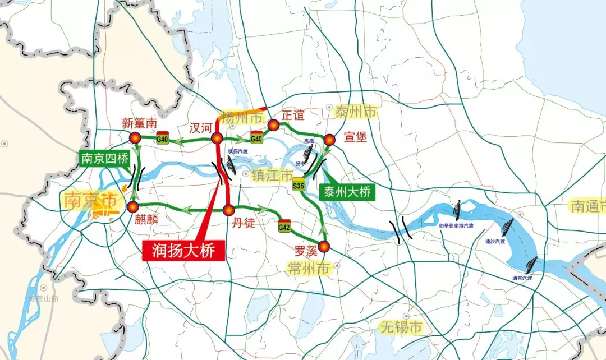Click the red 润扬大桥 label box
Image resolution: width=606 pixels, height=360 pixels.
[183, 250]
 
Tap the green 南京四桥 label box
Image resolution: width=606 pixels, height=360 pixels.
[104, 159]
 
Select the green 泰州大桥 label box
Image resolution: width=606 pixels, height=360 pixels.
[346, 192]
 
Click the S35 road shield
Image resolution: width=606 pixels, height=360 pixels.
[299, 185]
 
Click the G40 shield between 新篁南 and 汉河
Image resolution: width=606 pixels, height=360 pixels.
[162, 138]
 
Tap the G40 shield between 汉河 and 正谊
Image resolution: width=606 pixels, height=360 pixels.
[256, 137]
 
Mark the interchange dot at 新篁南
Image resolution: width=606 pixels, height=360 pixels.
[135, 138]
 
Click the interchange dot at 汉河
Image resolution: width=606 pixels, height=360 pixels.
[218, 139]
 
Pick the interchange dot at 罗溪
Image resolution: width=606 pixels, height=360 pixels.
[325, 246]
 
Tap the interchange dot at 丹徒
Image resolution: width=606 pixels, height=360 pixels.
[228, 210]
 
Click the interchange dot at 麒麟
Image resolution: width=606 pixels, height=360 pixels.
[133, 207]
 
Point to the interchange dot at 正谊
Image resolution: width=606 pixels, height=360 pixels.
[273, 125]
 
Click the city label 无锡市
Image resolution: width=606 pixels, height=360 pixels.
[401, 327]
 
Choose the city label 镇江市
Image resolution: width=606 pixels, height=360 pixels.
[272, 176]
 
